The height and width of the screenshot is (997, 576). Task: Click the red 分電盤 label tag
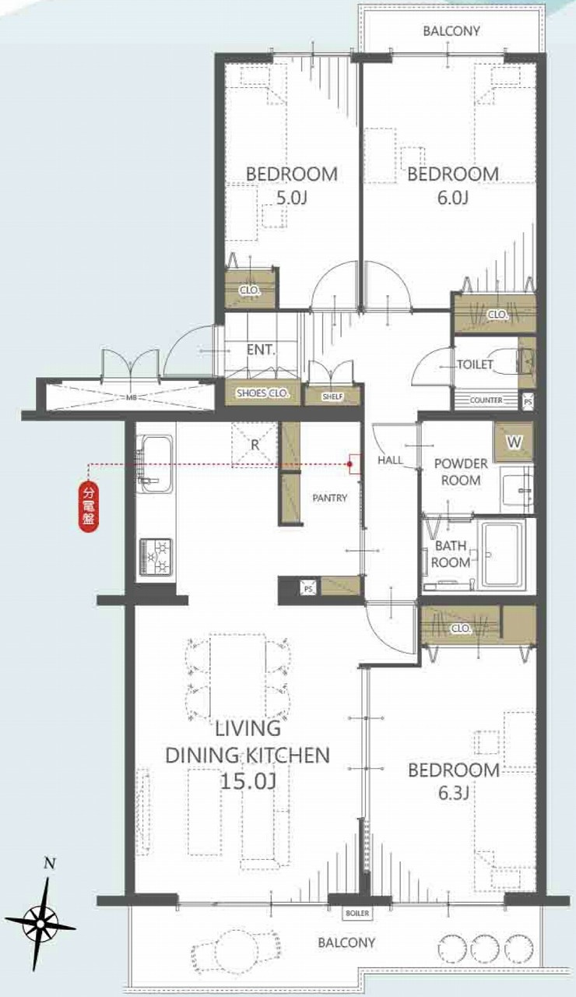[x=89, y=506]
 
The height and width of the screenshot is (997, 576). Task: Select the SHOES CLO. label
[x=263, y=393]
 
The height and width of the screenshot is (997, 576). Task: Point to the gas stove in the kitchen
[x=156, y=557]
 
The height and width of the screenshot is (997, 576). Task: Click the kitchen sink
[x=155, y=464]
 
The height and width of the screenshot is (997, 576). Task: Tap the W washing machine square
[x=514, y=442]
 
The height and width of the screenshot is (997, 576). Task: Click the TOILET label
[x=475, y=365]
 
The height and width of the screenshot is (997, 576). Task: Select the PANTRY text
[x=329, y=498]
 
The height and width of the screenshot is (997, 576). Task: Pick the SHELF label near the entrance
[x=332, y=396]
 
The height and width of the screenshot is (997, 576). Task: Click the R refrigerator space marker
[x=255, y=445]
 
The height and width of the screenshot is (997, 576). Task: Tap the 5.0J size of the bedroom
[x=291, y=198]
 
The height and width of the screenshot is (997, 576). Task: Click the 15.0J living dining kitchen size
[x=248, y=782]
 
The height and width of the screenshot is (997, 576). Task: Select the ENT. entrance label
[x=261, y=350]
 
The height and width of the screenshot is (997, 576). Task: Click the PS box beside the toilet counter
[x=528, y=400]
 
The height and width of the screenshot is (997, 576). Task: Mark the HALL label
[x=390, y=460]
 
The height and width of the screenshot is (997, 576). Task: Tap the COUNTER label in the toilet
[x=486, y=400]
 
